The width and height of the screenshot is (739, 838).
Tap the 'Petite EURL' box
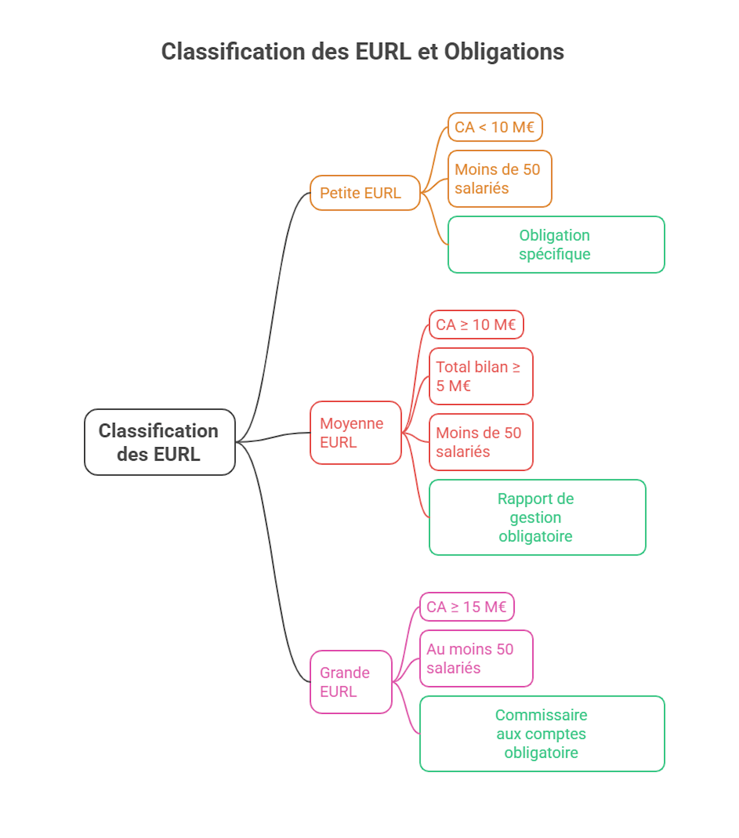[365, 193]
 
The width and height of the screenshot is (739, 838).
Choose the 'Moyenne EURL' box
[355, 433]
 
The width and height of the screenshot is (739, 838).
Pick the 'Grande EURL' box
[351, 682]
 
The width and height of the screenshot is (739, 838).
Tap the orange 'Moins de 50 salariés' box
[500, 179]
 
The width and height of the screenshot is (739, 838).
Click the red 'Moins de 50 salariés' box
[481, 442]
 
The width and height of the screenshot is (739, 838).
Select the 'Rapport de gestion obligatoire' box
[537, 517]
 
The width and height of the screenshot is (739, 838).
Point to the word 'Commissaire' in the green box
[541, 715]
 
